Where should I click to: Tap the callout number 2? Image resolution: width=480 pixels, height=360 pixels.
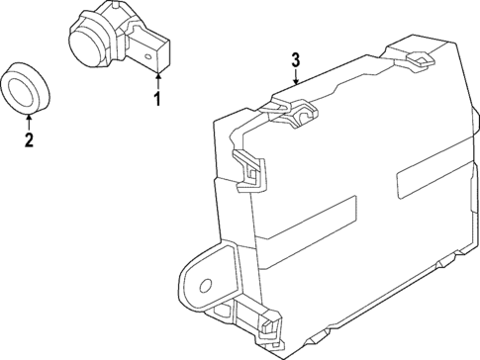(28, 139)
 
